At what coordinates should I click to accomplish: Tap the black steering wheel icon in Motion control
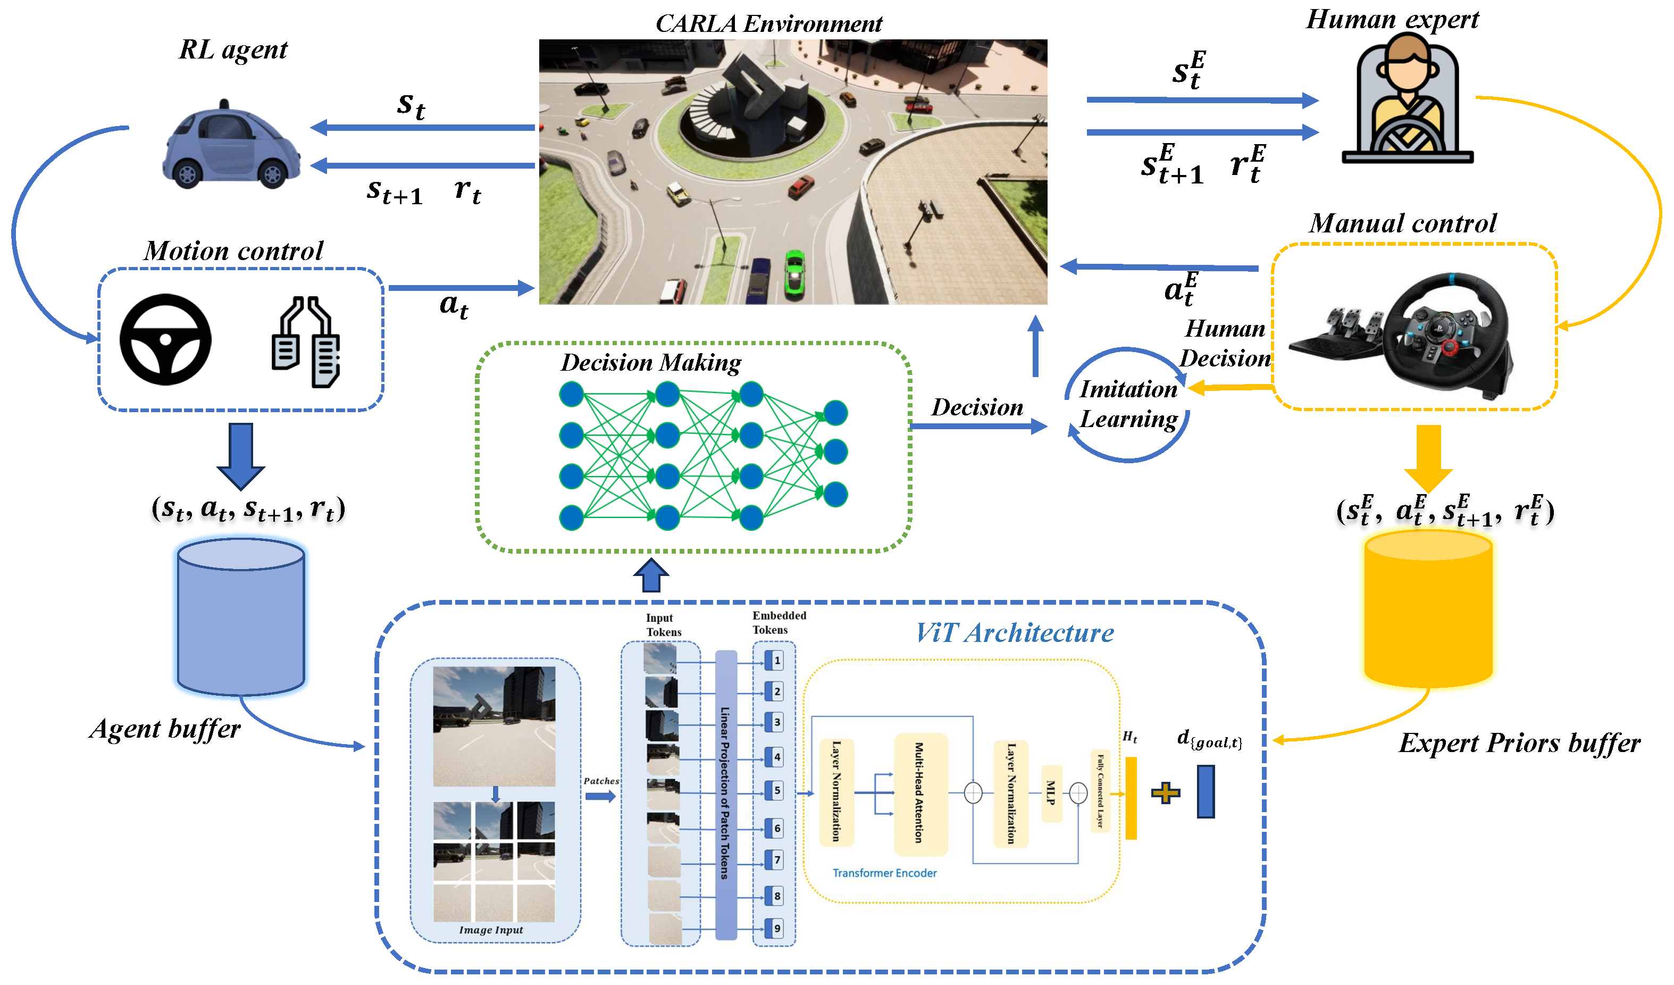click(165, 339)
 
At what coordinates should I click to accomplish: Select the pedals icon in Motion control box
click(307, 342)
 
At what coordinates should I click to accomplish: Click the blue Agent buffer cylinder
click(240, 617)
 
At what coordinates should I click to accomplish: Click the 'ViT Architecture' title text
click(1015, 633)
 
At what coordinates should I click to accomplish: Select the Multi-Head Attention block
click(920, 793)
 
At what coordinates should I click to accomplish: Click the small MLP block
click(1051, 793)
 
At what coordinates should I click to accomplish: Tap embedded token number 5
click(776, 791)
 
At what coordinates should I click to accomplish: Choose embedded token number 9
click(776, 929)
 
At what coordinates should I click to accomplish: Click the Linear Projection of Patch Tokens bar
click(725, 794)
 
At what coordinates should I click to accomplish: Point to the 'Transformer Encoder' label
click(884, 873)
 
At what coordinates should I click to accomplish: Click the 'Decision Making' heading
click(650, 363)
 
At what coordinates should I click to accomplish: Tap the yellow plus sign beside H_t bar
click(1165, 793)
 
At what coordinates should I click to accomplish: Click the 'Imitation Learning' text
click(1128, 404)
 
